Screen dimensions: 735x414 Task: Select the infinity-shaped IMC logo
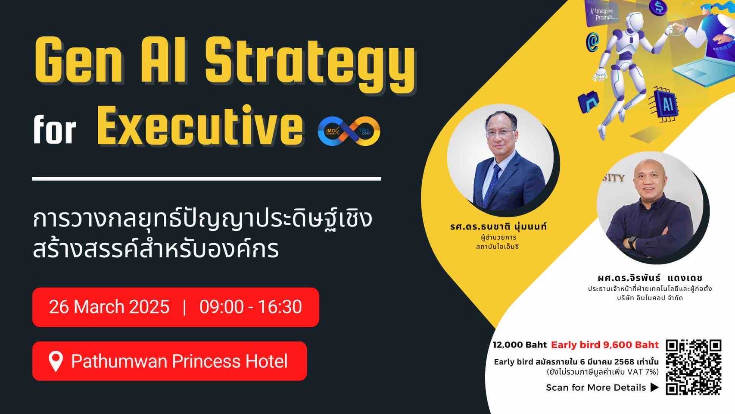[x=349, y=131]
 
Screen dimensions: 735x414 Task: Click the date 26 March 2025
[x=109, y=307]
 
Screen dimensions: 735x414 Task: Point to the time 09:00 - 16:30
[x=251, y=307]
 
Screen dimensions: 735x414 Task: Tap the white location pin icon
[x=56, y=362]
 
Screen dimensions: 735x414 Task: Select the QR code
[x=693, y=367]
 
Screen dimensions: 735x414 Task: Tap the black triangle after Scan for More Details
[x=654, y=387]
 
